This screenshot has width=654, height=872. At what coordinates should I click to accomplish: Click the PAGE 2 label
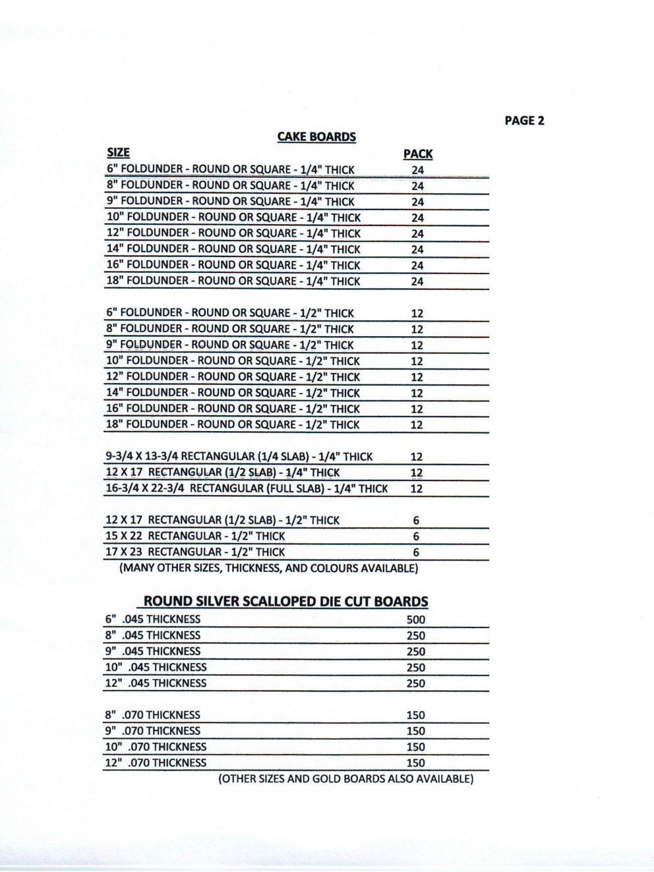pos(524,121)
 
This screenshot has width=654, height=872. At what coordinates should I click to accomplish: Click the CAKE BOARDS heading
pos(316,137)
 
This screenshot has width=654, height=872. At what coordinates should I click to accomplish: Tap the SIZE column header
pos(118,154)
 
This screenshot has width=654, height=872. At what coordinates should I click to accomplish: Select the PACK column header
pos(417,154)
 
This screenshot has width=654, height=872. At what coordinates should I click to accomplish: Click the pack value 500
pos(416,620)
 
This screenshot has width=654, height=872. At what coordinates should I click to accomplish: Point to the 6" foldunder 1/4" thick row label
pos(231,170)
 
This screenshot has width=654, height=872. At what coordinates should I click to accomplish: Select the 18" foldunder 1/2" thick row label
pos(233,425)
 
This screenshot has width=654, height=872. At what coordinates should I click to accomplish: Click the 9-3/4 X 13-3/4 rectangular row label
pos(239,457)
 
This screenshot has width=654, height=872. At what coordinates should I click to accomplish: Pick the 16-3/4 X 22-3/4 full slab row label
pos(247,489)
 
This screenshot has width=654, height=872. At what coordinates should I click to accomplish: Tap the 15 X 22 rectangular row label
pos(195,537)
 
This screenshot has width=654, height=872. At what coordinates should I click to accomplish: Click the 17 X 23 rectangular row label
pos(195,552)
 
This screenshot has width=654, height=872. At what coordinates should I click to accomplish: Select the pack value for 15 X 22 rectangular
pos(416,537)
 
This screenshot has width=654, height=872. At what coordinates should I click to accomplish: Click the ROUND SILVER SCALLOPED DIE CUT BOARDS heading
pos(285,602)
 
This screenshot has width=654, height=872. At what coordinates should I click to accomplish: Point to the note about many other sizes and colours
pos(268,568)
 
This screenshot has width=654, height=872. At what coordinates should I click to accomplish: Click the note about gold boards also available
pos(345,779)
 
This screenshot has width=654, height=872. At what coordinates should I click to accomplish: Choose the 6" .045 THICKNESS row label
pos(152,620)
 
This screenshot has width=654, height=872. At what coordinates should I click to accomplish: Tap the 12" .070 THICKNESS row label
pos(156,763)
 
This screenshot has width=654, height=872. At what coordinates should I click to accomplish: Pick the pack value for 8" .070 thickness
pos(415,715)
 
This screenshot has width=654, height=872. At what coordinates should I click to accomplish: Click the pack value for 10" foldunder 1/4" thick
pos(417,218)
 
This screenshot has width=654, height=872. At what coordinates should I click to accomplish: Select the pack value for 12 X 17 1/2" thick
pos(416,521)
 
